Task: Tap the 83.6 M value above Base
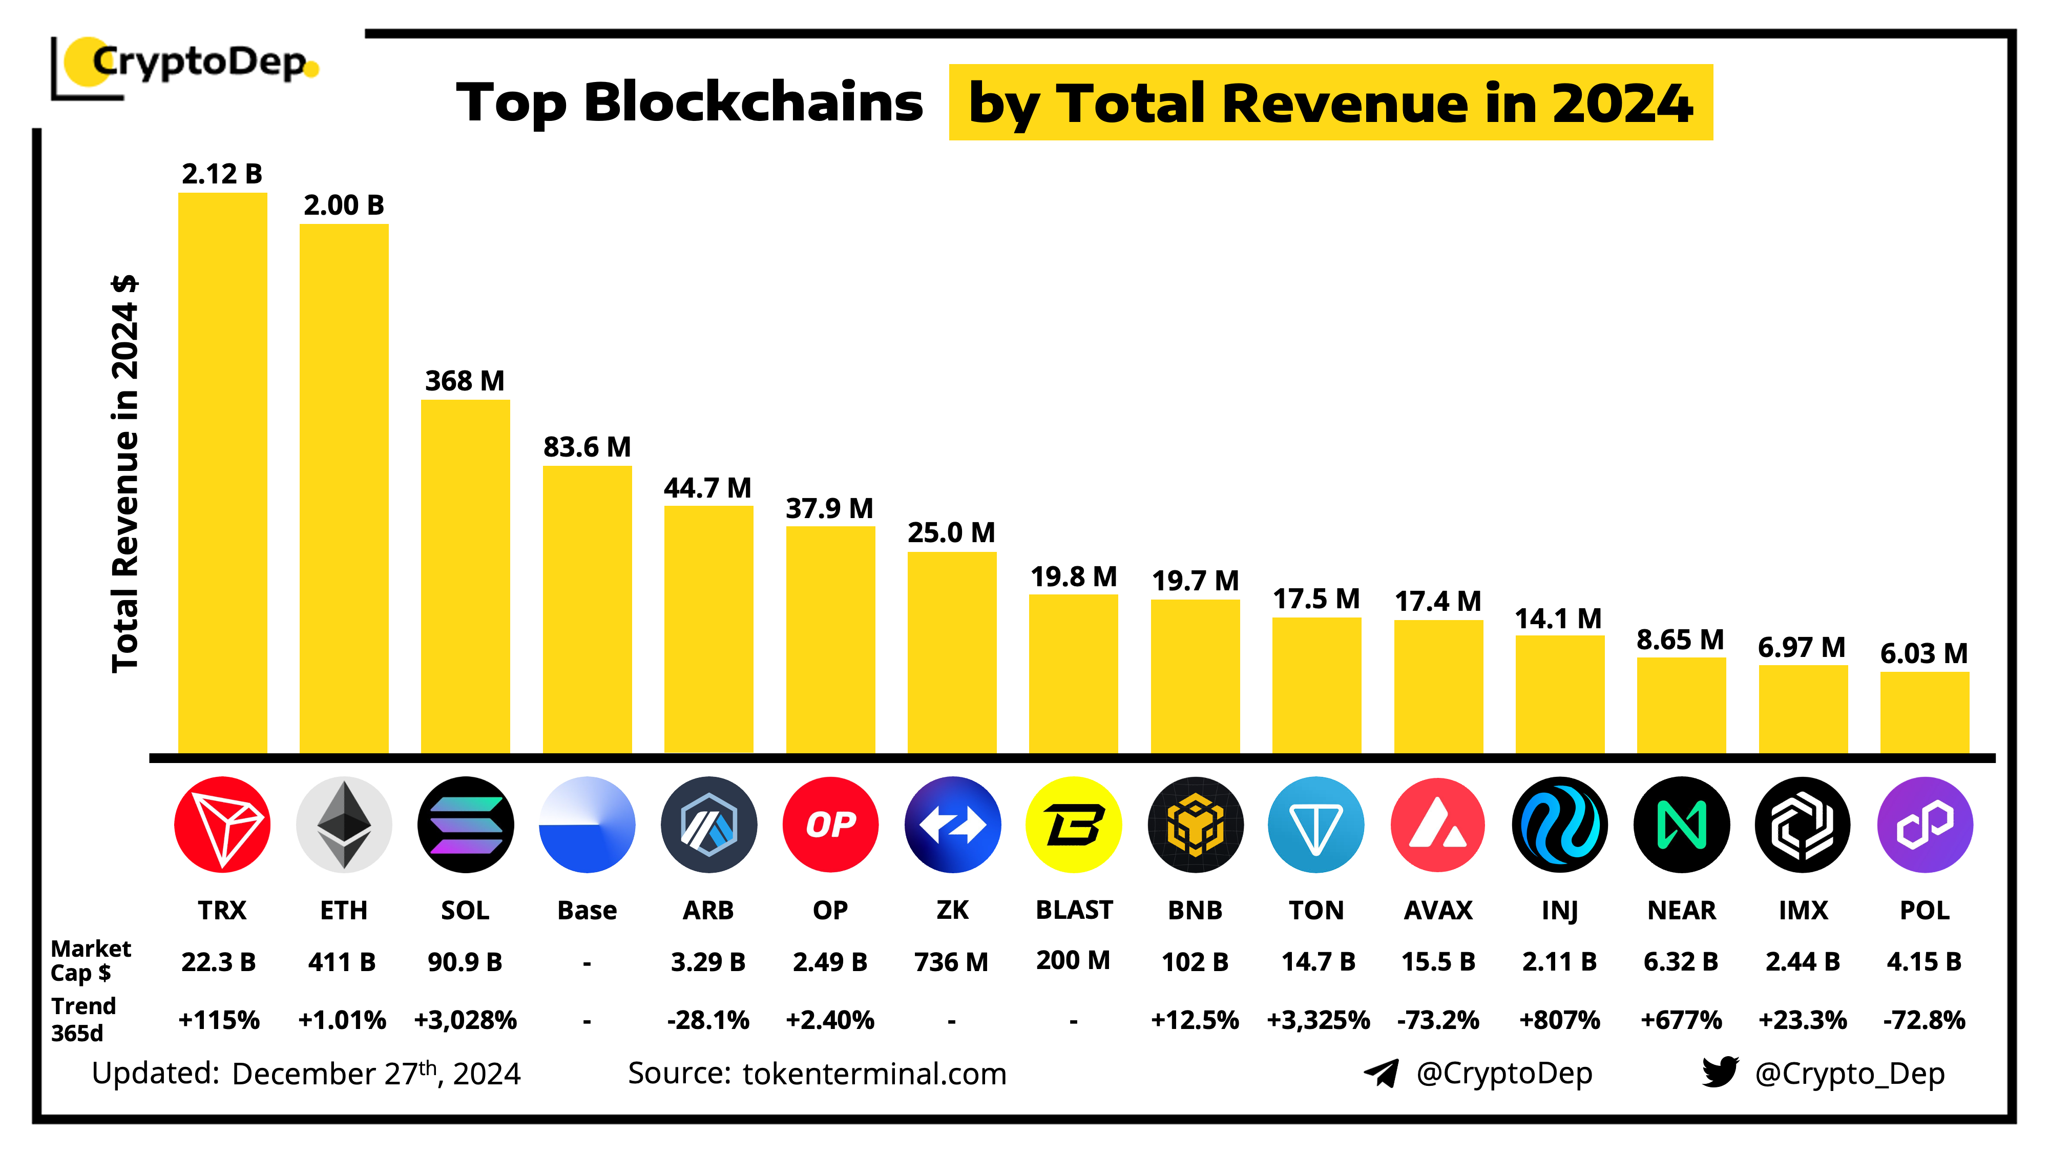coord(587,447)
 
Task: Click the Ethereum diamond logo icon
coord(344,825)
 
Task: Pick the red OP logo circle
coord(830,825)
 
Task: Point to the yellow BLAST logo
coord(1074,825)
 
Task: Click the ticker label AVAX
coord(1438,910)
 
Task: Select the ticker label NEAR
coord(1682,910)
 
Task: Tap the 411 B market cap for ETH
coord(342,962)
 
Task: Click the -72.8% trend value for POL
coord(1924,1019)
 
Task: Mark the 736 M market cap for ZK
coord(951,962)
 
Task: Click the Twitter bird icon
coord(1720,1072)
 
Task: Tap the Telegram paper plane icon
coord(1382,1073)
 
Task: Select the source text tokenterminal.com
coord(874,1074)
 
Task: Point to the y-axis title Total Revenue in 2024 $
coord(126,474)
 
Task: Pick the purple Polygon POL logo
coord(1925,825)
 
